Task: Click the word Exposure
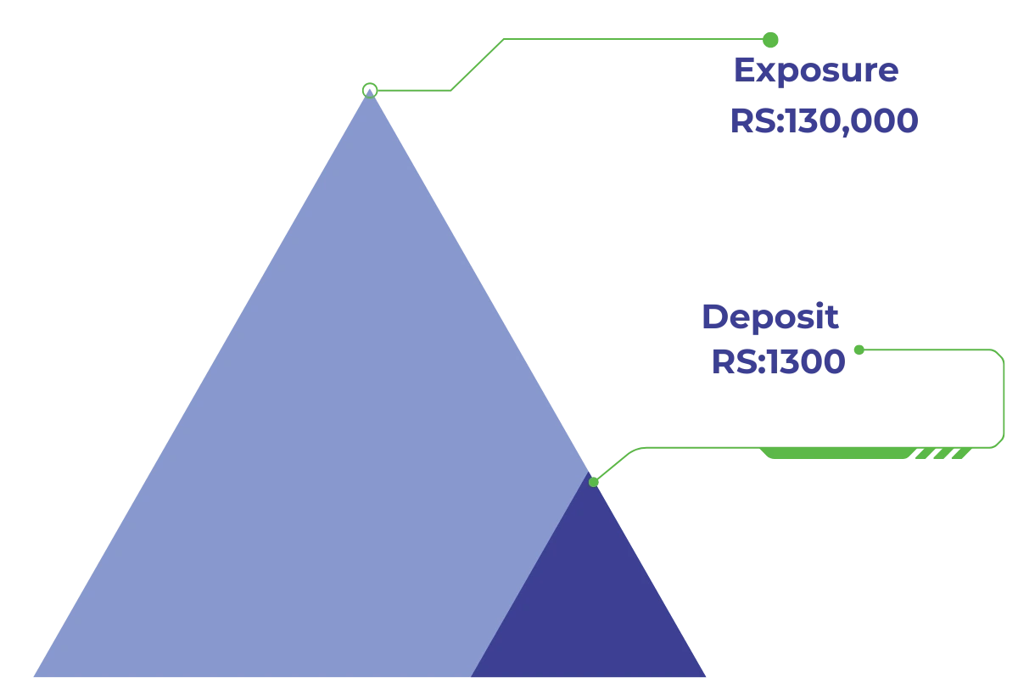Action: pyautogui.click(x=814, y=70)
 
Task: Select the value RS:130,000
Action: pyautogui.click(x=823, y=121)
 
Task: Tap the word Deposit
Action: pyautogui.click(x=769, y=317)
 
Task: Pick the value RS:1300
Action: pyautogui.click(x=778, y=361)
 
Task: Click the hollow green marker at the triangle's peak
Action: pyautogui.click(x=369, y=90)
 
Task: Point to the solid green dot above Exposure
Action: pyautogui.click(x=769, y=38)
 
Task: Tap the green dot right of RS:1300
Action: pyautogui.click(x=859, y=349)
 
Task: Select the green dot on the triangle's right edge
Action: pyautogui.click(x=593, y=482)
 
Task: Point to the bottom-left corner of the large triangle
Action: pyautogui.click(x=32, y=676)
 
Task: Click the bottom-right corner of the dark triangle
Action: pyautogui.click(x=706, y=676)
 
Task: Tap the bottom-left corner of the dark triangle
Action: pyautogui.click(x=472, y=676)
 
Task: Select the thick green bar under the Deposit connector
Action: pyautogui.click(x=831, y=456)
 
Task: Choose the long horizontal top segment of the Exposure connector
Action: pyautogui.click(x=636, y=38)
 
